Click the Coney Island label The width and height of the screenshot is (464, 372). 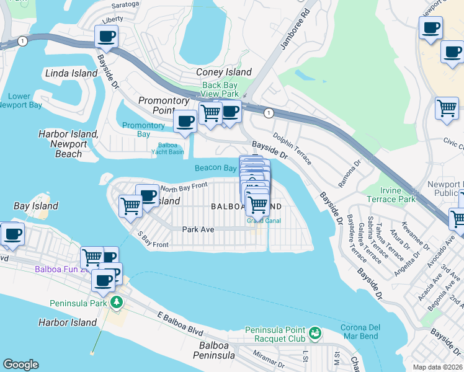[222, 73]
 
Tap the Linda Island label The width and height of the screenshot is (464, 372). [71, 73]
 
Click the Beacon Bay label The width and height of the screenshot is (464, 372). [215, 168]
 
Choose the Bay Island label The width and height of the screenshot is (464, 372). [36, 205]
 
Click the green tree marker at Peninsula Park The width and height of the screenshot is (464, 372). [116, 303]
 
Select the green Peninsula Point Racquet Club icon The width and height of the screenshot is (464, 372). [316, 333]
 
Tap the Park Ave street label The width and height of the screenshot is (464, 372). [198, 229]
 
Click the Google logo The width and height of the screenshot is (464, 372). [20, 365]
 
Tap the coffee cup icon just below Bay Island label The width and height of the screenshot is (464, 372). [12, 233]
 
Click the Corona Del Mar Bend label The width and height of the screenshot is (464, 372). [366, 332]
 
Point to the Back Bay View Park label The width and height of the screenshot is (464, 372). [220, 89]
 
